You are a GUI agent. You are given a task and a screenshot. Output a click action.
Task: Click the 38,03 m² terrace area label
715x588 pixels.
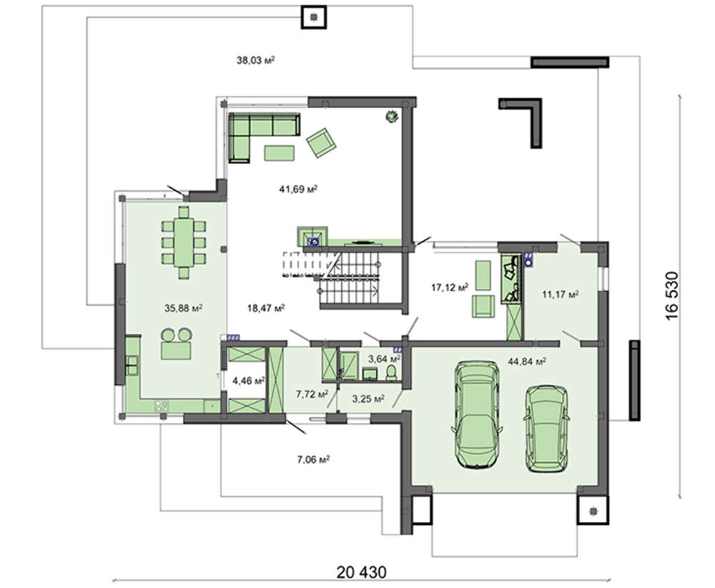(x=255, y=60)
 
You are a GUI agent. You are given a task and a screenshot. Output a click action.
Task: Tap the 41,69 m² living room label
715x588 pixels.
(x=298, y=188)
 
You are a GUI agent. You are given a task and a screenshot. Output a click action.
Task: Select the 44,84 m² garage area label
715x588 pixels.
(x=527, y=361)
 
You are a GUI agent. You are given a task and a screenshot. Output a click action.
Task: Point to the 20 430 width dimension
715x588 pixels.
(x=361, y=572)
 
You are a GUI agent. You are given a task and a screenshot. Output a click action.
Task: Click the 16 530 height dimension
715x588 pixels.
(x=671, y=295)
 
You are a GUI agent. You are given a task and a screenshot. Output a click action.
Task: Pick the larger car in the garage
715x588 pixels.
(x=477, y=415)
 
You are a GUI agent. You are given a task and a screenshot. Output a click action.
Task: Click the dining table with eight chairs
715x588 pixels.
(x=184, y=242)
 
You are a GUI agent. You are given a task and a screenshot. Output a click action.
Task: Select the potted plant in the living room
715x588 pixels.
(x=391, y=117)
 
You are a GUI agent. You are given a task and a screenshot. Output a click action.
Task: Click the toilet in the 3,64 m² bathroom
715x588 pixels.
(x=392, y=373)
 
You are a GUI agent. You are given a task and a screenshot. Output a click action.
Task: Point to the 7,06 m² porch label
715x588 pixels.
(x=313, y=459)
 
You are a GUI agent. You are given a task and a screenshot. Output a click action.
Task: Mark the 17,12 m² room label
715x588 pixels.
(x=450, y=288)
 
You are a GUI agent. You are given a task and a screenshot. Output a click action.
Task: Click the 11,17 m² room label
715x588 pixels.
(x=561, y=294)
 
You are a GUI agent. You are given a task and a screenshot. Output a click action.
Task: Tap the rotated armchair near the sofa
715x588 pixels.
(x=321, y=142)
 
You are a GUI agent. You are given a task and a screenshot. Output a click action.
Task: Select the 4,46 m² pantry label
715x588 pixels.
(x=249, y=381)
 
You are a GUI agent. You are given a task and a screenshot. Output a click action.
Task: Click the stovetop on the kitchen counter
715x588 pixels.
(x=162, y=405)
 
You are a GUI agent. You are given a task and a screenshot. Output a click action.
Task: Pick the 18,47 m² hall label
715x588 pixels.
(x=266, y=308)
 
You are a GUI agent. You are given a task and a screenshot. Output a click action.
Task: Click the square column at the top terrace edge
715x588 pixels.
(x=314, y=17)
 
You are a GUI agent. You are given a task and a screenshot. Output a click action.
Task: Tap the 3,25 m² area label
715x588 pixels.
(x=368, y=399)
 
